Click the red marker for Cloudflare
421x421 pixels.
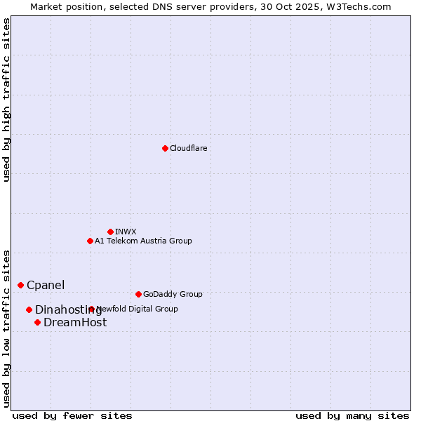tap(165, 148)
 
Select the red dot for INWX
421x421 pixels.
tap(110, 232)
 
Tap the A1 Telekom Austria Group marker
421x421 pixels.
tap(90, 241)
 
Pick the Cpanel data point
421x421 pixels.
tap(20, 285)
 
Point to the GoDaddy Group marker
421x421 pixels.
tap(138, 294)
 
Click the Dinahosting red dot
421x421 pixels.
tap(29, 309)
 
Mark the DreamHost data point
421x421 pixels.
tap(37, 322)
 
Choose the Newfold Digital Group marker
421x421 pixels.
tap(91, 309)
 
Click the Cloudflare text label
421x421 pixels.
tap(189, 148)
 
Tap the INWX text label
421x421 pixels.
tap(126, 232)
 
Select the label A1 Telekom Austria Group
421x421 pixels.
tap(143, 241)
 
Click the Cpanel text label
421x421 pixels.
tap(46, 285)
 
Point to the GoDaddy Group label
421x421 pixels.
tap(173, 294)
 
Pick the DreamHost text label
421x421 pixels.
tap(75, 323)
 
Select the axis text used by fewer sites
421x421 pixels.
tap(72, 415)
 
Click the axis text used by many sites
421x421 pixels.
tap(352, 415)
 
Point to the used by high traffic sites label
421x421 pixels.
tap(6, 100)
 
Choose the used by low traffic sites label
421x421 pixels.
tap(6, 328)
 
